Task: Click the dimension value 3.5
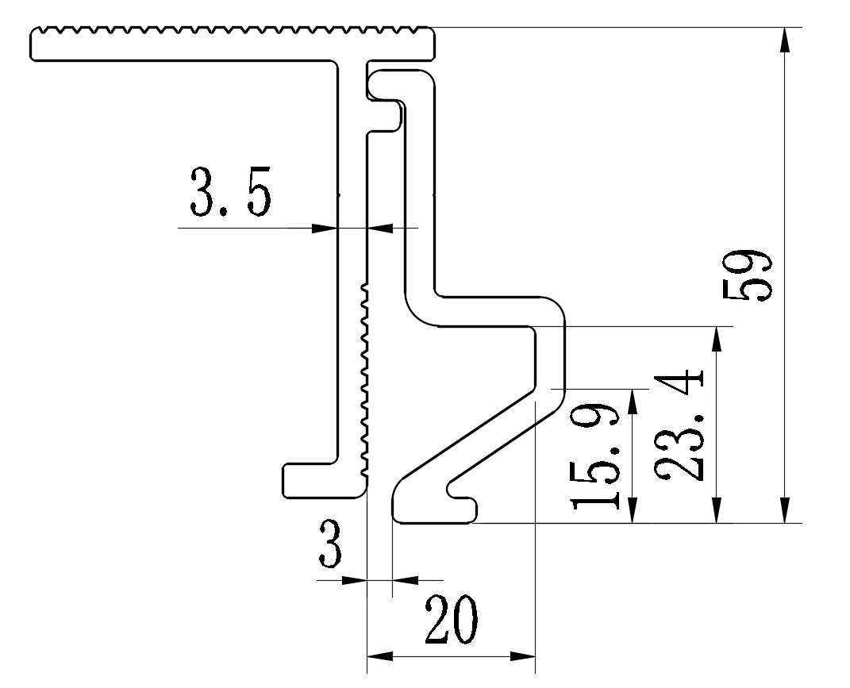click(230, 192)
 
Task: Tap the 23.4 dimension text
click(681, 425)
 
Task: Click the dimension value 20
click(451, 621)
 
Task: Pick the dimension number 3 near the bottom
click(331, 544)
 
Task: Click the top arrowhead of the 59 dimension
click(785, 40)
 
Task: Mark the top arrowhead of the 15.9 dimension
click(633, 401)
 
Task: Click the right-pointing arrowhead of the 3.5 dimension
click(324, 228)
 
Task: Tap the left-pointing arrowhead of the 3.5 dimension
click(382, 228)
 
